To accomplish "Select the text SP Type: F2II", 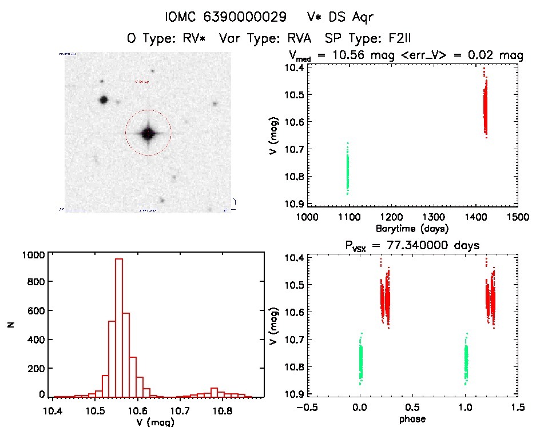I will (368, 39).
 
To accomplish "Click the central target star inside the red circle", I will (148, 133).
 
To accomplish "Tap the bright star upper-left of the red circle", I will (104, 99).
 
